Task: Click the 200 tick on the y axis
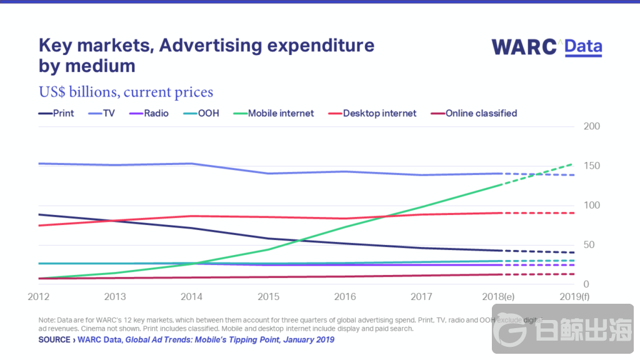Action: coord(591,126)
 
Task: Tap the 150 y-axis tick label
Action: coord(591,166)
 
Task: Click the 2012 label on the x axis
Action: coord(38,296)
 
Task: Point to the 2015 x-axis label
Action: coord(268,296)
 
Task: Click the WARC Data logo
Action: coord(547,47)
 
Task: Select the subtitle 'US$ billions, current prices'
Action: coord(126,92)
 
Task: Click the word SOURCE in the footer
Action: coord(54,340)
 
